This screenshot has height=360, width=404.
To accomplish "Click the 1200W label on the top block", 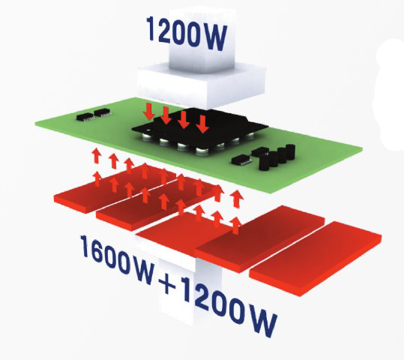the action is [x=187, y=33].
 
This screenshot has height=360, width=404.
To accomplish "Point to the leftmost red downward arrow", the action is [x=149, y=112].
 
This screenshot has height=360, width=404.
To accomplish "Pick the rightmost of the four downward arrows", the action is [x=202, y=124].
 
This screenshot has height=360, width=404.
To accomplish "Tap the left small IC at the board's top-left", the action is [x=85, y=116].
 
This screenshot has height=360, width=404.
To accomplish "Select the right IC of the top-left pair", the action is [x=103, y=112].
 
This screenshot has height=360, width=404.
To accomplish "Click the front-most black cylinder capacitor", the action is [x=264, y=162].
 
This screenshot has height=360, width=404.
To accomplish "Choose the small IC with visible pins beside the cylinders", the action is [x=241, y=160].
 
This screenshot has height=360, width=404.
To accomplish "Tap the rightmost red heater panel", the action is [x=316, y=258].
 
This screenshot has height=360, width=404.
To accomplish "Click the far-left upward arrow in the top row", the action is [x=97, y=155].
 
